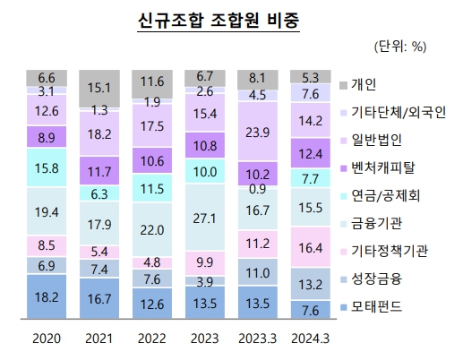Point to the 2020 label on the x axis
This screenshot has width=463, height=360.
point(47,339)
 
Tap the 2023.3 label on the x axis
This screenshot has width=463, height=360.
point(257,339)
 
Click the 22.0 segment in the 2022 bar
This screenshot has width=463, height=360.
point(152,229)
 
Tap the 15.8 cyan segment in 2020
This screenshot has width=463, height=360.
point(47,168)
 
